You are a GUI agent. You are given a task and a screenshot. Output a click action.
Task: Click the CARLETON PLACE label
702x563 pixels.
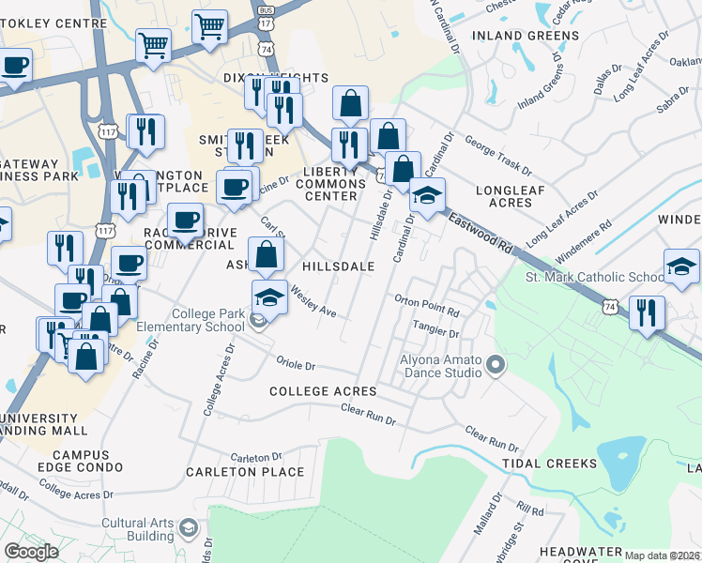tap(245, 472)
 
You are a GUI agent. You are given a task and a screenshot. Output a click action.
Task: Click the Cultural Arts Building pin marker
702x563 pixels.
tap(188, 529)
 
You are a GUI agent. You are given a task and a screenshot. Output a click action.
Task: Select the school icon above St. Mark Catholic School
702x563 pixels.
tap(680, 266)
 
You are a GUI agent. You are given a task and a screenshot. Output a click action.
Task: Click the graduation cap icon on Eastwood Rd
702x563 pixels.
tap(426, 196)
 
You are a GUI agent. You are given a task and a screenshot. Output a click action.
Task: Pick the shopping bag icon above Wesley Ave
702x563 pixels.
tap(267, 254)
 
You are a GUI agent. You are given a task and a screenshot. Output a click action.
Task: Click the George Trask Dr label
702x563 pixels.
tap(497, 159)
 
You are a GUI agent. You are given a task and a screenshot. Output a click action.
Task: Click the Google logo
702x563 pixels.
tap(31, 551)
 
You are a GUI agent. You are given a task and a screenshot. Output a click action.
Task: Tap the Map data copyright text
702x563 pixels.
tap(662, 555)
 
